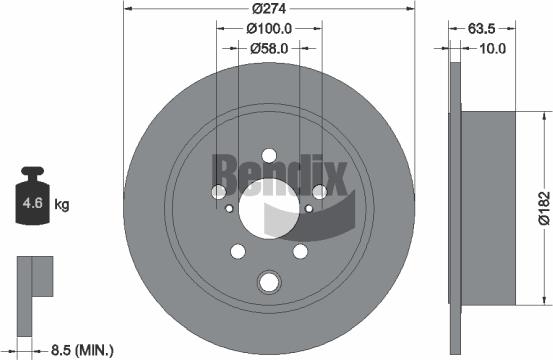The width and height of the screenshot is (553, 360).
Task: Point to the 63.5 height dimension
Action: pyautogui.click(x=482, y=27)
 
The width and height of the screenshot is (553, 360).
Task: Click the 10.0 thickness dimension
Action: pyautogui.click(x=492, y=47)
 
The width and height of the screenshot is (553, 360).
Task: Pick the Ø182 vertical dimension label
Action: pyautogui.click(x=542, y=205)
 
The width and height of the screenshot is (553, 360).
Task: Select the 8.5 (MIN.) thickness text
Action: pyautogui.click(x=81, y=349)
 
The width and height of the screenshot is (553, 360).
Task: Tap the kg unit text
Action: pyautogui.click(x=62, y=206)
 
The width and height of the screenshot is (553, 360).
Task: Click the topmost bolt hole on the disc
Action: pyautogui.click(x=270, y=155)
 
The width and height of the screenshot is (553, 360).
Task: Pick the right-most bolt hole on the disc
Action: pyautogui.click(x=320, y=191)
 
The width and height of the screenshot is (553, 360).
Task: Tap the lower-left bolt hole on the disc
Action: pyautogui.click(x=239, y=251)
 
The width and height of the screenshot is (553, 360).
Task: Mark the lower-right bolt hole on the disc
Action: pyautogui.click(x=300, y=251)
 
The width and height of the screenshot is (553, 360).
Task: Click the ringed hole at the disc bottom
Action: pyautogui.click(x=270, y=282)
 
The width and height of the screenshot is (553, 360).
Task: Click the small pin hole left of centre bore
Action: pyautogui.click(x=231, y=208)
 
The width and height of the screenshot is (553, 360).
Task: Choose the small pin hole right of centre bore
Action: pyautogui.click(x=309, y=208)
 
